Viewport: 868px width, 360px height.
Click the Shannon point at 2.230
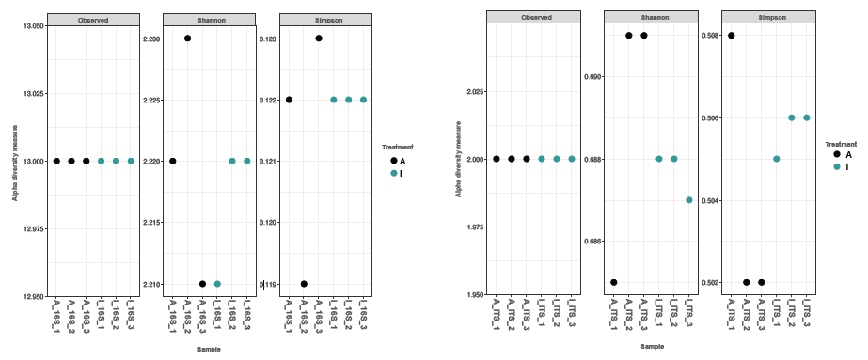coord(188,39)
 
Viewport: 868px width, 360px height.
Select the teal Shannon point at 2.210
coord(217,284)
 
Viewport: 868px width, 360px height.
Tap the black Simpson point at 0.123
coord(319,39)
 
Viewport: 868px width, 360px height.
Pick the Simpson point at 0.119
coord(304,284)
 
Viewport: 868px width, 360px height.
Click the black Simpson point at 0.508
coord(732,36)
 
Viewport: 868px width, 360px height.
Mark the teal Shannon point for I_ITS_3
coord(689,200)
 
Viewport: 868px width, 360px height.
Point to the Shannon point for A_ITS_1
coord(614,282)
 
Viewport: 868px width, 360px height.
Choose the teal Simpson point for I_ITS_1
coord(777,159)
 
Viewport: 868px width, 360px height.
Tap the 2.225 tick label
coord(150,100)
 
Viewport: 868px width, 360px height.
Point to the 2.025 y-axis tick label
coord(472,92)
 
